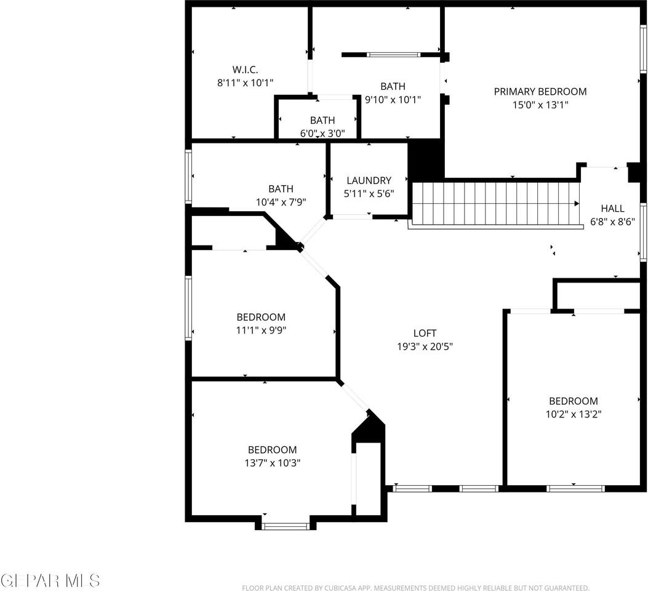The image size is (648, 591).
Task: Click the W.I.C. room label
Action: pyautogui.click(x=245, y=70)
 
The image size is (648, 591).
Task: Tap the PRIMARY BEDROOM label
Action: pyautogui.click(x=540, y=92)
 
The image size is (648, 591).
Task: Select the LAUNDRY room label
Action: pyautogui.click(x=369, y=180)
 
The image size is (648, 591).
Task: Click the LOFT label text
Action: pyautogui.click(x=425, y=334)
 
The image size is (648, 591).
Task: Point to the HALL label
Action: pyautogui.click(x=612, y=209)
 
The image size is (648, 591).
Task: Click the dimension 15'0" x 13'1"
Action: pyautogui.click(x=540, y=105)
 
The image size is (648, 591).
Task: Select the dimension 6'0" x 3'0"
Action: pyautogui.click(x=322, y=132)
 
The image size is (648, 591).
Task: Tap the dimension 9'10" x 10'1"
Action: pyautogui.click(x=393, y=99)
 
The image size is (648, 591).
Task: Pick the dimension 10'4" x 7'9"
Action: pyautogui.click(x=280, y=201)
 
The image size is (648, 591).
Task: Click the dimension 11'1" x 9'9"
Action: pyautogui.click(x=261, y=330)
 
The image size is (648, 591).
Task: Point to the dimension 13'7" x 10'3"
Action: pyautogui.click(x=272, y=462)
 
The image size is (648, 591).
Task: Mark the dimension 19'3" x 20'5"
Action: pyautogui.click(x=425, y=347)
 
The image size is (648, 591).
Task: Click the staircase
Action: pyautogui.click(x=492, y=204)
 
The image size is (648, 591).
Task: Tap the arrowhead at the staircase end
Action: pyautogui.click(x=577, y=203)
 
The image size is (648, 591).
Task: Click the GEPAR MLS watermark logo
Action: pyautogui.click(x=50, y=580)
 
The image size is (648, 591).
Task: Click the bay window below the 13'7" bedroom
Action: pyautogui.click(x=286, y=526)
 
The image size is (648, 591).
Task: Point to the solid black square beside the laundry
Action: pyautogui.click(x=426, y=159)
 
